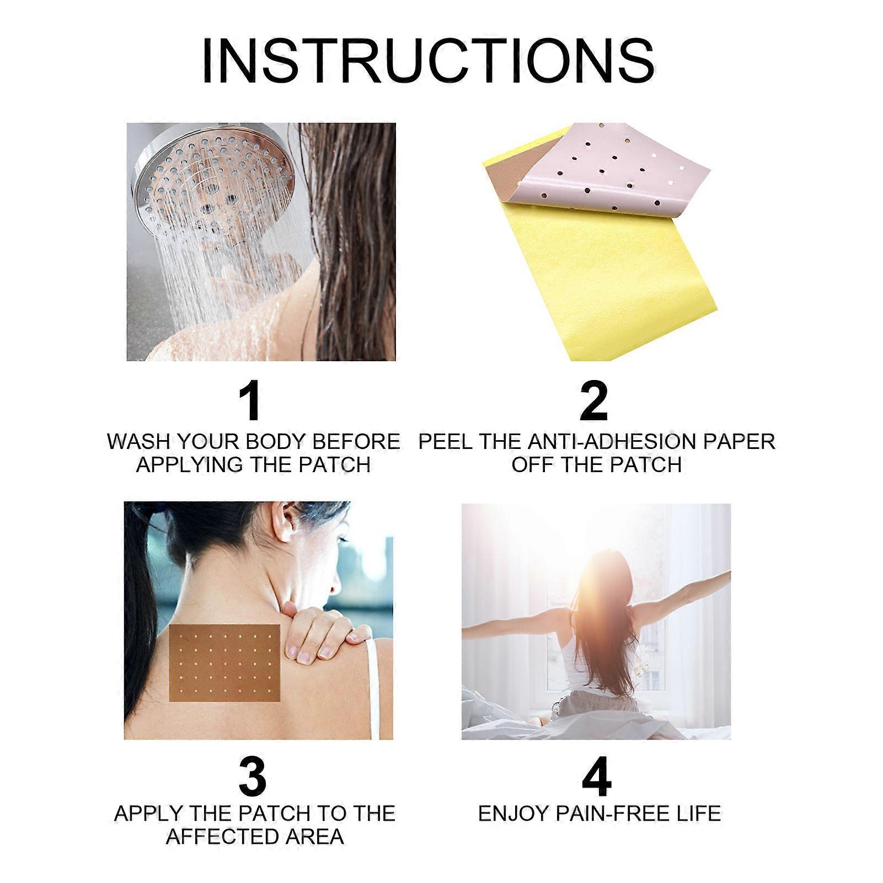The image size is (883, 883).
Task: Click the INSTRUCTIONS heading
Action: click(x=429, y=62)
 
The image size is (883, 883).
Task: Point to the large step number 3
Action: click(x=253, y=776)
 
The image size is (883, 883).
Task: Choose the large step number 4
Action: click(x=597, y=777)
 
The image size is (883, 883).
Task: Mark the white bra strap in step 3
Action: click(x=372, y=689)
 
